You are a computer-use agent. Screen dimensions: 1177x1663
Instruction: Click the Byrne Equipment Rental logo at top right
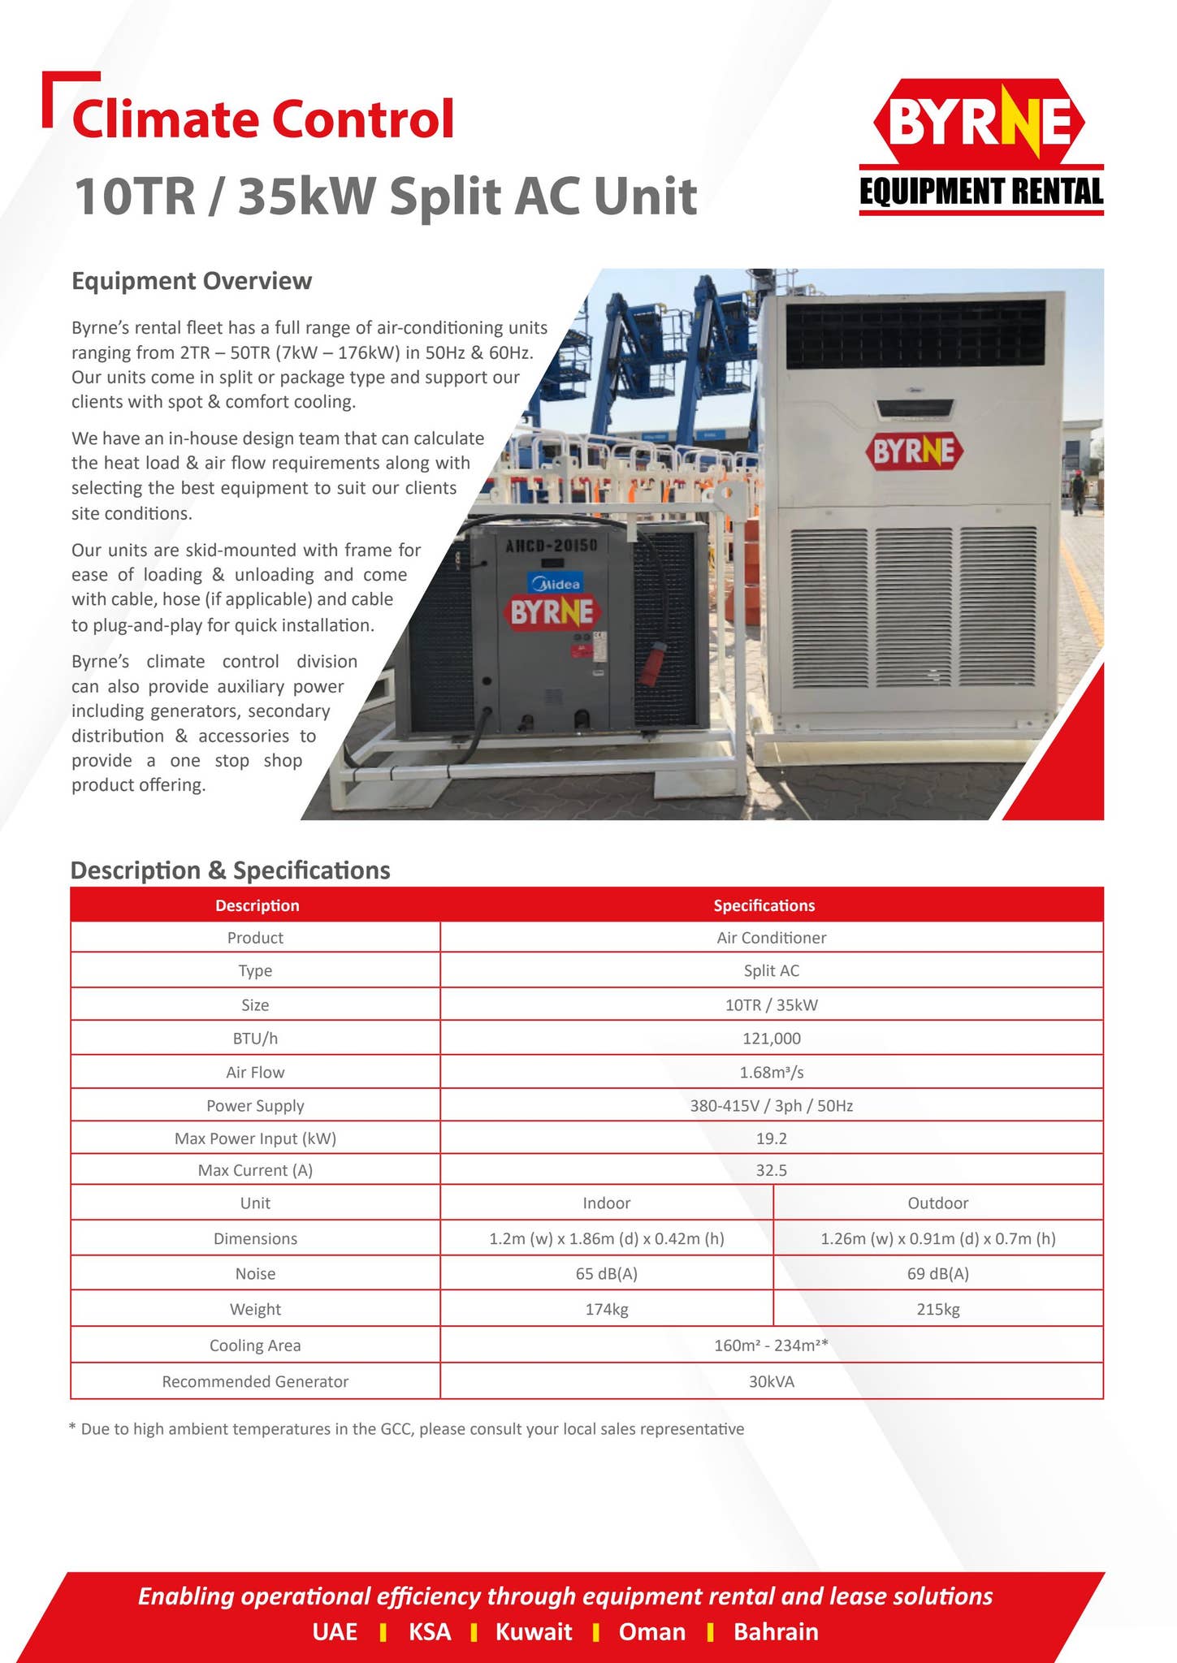[x=980, y=146]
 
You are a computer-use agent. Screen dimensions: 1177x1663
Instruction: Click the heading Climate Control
[x=262, y=119]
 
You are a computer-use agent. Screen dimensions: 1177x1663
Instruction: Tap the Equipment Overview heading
[x=192, y=281]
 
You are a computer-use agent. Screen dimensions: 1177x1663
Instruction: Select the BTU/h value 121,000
[x=771, y=1038]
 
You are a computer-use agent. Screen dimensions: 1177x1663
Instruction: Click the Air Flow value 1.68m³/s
[x=771, y=1072]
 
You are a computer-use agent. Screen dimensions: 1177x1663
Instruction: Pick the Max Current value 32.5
[x=771, y=1170]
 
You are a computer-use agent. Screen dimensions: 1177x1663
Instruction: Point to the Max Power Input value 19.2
[x=771, y=1138]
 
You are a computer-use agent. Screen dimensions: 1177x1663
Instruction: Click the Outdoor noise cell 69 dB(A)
[x=937, y=1273]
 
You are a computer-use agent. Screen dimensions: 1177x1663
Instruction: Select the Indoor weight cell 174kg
[x=606, y=1309]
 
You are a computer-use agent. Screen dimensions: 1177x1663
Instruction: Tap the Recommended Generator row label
[x=255, y=1381]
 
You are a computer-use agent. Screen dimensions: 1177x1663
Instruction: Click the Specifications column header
[x=764, y=905]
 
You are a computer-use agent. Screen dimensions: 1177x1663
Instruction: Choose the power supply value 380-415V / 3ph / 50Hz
[x=771, y=1105]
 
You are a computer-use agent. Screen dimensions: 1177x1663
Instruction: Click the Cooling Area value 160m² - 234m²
[x=771, y=1346]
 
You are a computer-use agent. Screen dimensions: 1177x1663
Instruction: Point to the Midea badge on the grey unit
[x=555, y=584]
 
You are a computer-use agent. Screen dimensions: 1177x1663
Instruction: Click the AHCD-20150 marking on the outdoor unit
[x=552, y=546]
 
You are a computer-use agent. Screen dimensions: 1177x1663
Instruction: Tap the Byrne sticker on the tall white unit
[x=914, y=451]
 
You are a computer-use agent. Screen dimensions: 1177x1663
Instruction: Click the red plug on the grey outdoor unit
[x=648, y=666]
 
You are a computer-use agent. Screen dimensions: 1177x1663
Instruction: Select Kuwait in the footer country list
[x=534, y=1632]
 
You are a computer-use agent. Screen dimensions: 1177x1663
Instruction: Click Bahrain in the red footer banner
[x=776, y=1632]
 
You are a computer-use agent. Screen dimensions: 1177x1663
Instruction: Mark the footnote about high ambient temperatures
[x=407, y=1428]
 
